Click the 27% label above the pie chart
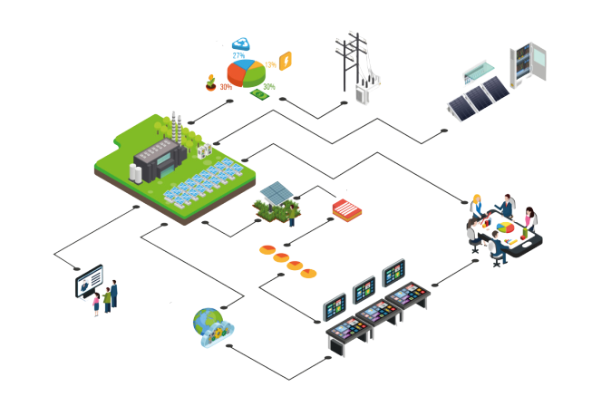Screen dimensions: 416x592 (238, 56)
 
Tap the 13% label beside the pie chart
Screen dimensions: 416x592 (270, 65)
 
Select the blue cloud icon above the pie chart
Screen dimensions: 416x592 (241, 43)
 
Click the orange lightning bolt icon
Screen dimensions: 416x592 (286, 61)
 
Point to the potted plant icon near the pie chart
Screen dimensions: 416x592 (211, 82)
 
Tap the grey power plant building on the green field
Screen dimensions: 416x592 (156, 161)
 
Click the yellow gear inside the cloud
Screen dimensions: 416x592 (217, 337)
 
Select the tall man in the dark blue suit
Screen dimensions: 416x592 (114, 292)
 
